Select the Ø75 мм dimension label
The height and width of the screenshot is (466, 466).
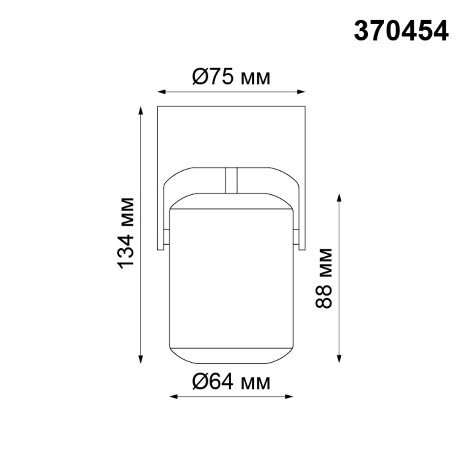pyautogui.click(x=231, y=77)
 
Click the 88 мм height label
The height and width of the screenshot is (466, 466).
pyautogui.click(x=324, y=278)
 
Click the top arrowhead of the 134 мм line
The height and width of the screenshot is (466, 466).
pyautogui.click(x=141, y=110)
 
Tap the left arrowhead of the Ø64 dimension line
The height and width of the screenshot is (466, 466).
pyautogui.click(x=174, y=396)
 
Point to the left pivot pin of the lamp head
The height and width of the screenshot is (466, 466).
pyautogui.click(x=166, y=237)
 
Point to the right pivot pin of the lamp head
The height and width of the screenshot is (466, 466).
pyautogui.click(x=296, y=237)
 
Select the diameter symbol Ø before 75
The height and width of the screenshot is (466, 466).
pyautogui.click(x=201, y=77)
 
